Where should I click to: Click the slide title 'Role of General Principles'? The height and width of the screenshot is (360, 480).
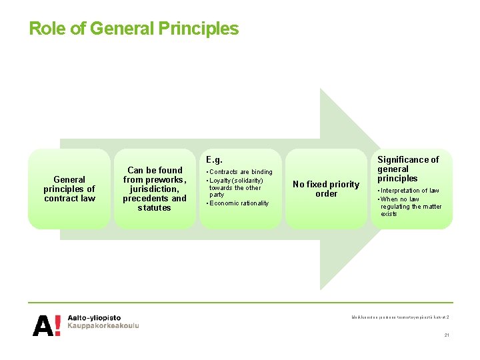pos(133,29)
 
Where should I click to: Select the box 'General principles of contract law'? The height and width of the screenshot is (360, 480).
pos(69,189)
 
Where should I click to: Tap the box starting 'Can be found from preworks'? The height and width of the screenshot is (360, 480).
pos(155,189)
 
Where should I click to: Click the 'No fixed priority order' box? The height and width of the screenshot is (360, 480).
pos(327,189)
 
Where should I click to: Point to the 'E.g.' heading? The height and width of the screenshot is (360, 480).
pos(214,160)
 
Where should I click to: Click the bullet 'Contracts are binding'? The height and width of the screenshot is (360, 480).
pos(241,172)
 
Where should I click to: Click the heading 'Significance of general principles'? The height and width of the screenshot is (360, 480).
pos(408,169)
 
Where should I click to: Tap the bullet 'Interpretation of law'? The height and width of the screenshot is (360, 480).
pos(410,191)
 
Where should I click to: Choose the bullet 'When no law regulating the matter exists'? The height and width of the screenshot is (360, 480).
pos(411,207)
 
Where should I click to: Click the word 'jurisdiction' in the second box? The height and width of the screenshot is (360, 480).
pos(155,189)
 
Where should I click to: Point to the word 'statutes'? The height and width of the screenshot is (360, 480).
pos(155,207)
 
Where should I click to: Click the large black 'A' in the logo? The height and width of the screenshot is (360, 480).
pos(43,325)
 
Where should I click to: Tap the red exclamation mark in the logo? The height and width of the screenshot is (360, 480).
pos(58,324)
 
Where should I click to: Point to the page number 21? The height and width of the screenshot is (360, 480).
pos(447,335)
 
